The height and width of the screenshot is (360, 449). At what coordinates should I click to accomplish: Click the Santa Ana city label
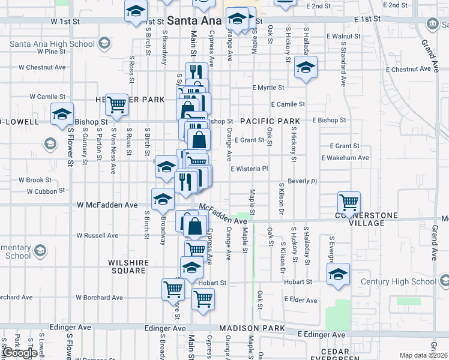(x=193, y=20)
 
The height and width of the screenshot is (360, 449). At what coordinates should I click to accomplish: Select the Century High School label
(x=398, y=281)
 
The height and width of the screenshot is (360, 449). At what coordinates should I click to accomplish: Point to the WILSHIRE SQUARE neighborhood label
(x=127, y=266)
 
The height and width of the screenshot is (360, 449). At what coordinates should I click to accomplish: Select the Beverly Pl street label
(x=302, y=181)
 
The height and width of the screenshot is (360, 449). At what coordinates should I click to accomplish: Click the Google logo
(x=20, y=353)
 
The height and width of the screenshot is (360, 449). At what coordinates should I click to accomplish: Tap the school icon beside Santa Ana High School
(x=104, y=43)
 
